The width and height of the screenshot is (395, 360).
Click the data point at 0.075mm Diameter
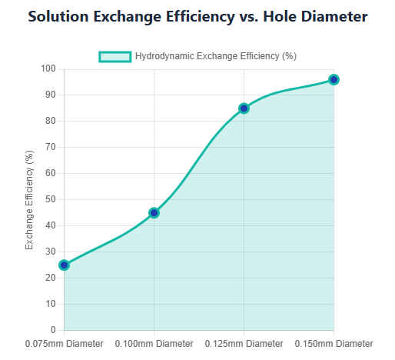point(64,265)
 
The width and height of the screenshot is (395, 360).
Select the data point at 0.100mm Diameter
point(154,212)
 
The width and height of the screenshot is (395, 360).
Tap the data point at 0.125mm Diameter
point(244,108)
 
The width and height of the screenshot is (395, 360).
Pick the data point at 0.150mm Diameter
point(334,80)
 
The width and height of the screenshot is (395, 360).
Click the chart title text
point(197,17)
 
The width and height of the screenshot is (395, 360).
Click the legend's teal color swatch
point(115,56)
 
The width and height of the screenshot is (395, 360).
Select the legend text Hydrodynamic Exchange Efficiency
point(215,56)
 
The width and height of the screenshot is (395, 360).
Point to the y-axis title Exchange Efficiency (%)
point(30,199)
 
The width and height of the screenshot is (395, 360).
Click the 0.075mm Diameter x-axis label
point(64,343)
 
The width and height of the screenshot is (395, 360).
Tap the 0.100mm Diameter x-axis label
point(154,343)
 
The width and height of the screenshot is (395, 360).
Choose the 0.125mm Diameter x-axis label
point(244,343)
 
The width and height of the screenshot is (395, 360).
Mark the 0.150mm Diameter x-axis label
point(334,343)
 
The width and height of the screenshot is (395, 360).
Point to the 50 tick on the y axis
point(50,199)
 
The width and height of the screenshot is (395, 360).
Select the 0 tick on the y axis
point(53,330)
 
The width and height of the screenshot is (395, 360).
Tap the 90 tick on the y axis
point(50,95)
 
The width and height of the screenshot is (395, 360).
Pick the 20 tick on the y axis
point(50,278)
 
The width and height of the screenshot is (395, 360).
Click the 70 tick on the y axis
point(50,148)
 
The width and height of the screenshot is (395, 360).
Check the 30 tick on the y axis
point(50,252)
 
